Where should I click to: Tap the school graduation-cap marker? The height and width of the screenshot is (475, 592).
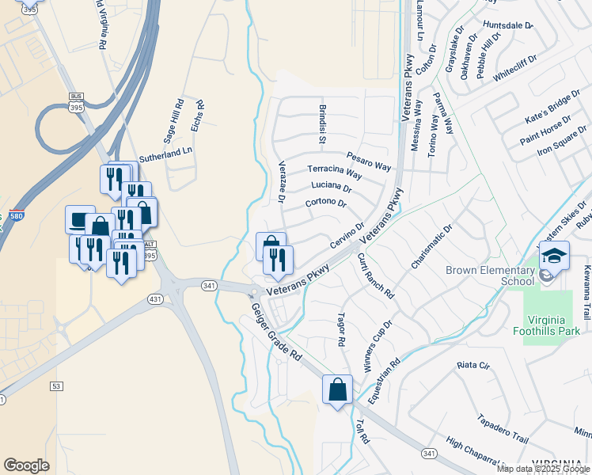(554, 256)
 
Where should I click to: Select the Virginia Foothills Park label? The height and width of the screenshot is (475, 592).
(558, 325)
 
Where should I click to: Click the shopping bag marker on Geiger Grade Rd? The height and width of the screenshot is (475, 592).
(337, 390)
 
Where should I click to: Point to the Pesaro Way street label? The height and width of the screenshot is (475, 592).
(370, 161)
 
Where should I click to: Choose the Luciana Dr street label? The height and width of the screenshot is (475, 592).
(332, 187)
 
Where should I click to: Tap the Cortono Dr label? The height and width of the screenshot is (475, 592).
(326, 203)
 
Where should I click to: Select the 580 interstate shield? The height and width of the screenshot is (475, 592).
(17, 216)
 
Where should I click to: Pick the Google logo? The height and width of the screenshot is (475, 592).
(26, 465)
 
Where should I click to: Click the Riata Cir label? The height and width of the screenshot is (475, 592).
(473, 366)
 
